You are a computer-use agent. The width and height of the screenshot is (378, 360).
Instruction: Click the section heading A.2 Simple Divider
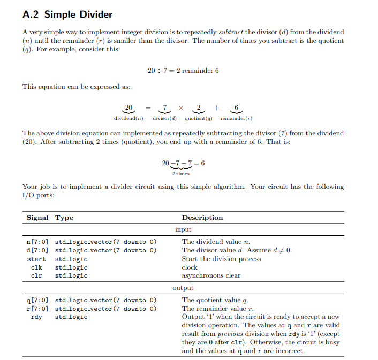tap(67, 14)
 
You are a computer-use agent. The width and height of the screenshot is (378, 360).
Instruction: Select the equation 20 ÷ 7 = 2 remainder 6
tap(183, 71)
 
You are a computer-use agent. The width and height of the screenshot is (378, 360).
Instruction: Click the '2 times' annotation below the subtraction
tap(180, 173)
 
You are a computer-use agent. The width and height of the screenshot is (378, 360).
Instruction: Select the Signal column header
tap(37, 218)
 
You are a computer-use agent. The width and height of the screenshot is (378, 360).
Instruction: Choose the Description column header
tap(202, 218)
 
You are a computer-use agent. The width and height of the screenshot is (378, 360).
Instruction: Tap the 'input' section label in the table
tap(183, 229)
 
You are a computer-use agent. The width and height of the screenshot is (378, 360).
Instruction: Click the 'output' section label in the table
tap(183, 288)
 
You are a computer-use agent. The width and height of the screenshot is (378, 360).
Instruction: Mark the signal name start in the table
tap(36, 259)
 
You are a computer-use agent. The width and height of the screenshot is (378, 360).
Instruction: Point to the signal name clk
tap(36, 267)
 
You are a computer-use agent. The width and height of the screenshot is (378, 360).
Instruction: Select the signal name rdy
tap(36, 317)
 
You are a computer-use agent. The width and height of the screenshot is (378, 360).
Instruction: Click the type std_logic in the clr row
tap(71, 276)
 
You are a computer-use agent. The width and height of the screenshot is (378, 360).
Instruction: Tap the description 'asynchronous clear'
tap(211, 276)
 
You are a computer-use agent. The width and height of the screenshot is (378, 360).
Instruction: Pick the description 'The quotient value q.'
tap(215, 300)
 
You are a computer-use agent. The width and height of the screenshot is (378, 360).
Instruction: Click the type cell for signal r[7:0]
tap(105, 309)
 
